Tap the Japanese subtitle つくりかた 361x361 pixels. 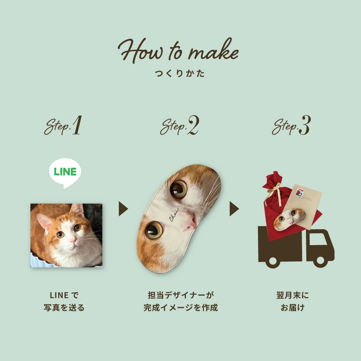coord(180,73)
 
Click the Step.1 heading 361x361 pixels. coord(63,125)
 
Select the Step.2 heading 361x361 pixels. coord(180,125)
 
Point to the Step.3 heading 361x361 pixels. coord(291,125)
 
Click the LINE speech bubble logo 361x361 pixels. coord(65,173)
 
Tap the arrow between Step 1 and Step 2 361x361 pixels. coord(123,209)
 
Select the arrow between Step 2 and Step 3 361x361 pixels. coord(234,209)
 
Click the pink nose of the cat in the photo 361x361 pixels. coord(73,241)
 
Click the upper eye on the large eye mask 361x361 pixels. coord(178,189)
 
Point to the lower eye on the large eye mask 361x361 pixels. coord(154,230)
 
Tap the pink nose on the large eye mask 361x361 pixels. coord(190,223)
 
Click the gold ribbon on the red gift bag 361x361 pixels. coord(274,193)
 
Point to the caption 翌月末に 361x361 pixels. coord(292,295)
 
